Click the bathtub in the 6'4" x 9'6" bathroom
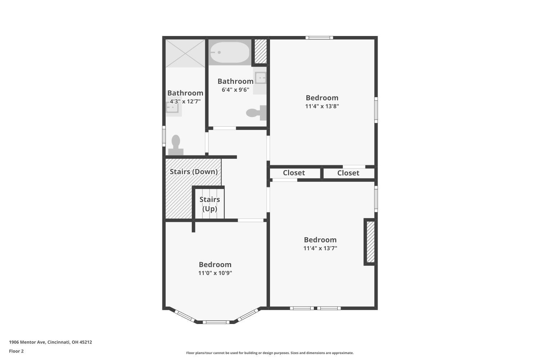(x=230, y=52)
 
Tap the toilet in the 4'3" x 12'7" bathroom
(x=176, y=145)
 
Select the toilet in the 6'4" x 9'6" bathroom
(x=256, y=113)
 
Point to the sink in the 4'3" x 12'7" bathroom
(x=173, y=108)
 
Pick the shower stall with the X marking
(x=185, y=53)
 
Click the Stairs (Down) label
(x=194, y=172)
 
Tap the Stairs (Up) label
(x=210, y=204)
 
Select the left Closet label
(x=294, y=173)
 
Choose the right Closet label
(x=348, y=173)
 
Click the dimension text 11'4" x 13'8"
(x=322, y=106)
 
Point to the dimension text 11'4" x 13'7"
(x=320, y=248)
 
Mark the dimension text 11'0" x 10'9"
(x=215, y=273)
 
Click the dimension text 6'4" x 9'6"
(x=235, y=90)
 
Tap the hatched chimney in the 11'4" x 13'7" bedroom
(x=370, y=242)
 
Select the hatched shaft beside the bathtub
(x=261, y=51)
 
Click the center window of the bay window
(x=216, y=322)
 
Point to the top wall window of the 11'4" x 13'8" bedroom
(x=319, y=37)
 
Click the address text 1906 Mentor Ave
(x=27, y=342)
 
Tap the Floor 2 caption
(x=17, y=351)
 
